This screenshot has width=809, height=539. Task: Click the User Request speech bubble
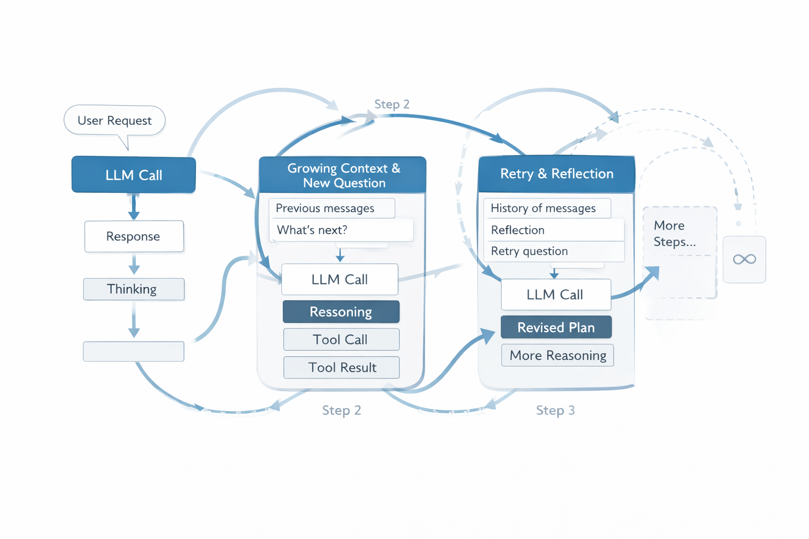point(114,121)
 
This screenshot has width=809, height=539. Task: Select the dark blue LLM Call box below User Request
point(134,175)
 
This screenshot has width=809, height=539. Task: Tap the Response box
point(134,236)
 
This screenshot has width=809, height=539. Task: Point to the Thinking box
point(134,289)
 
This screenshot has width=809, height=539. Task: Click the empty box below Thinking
point(134,352)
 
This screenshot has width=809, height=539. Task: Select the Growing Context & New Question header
point(343,175)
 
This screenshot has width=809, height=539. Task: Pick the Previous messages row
point(332,208)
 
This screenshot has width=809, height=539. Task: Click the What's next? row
point(340,230)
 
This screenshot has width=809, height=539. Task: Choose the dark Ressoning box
point(341,312)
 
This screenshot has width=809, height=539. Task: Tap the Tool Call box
point(341,340)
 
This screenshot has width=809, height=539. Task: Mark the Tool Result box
point(341,367)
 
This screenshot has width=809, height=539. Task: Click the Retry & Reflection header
point(556,174)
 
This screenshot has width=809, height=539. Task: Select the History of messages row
point(547,208)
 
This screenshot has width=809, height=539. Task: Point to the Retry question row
point(553,251)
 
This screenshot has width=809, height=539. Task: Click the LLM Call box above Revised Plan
point(556,295)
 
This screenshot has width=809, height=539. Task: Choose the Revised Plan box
point(556,327)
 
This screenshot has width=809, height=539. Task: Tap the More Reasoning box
point(557,355)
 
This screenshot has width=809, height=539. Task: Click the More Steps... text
point(675,234)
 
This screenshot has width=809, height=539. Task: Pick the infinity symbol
point(744,259)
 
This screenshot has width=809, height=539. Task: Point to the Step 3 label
point(555,410)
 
